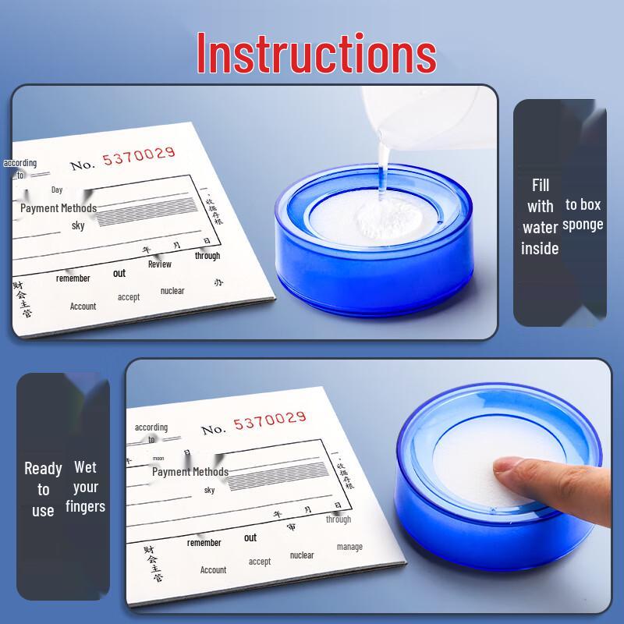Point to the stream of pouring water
tap(382, 168)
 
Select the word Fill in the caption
tap(541, 185)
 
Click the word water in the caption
tap(540, 228)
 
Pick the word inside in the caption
tap(540, 249)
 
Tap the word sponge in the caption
tap(583, 225)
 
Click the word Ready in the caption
tap(43, 469)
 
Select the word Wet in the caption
tap(85, 467)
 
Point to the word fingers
tap(85, 507)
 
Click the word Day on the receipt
tap(57, 190)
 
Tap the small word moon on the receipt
tap(158, 459)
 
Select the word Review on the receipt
tap(160, 264)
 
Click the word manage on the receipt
tap(349, 547)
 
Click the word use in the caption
tap(43, 511)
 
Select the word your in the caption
tap(86, 487)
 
